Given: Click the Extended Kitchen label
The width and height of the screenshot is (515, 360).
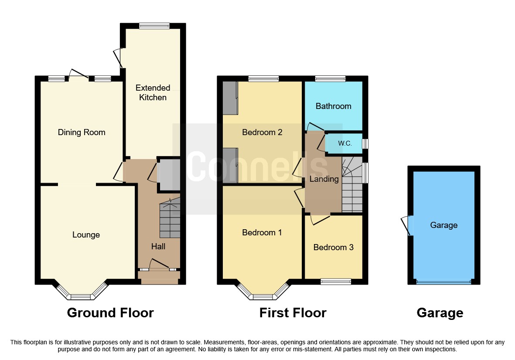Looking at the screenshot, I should point(153,92).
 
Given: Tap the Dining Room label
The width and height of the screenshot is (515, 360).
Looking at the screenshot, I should point(82,132).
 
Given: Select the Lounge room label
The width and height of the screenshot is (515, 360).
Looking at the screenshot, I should point(86,235).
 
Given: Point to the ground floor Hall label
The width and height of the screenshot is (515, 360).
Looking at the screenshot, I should point(158,247).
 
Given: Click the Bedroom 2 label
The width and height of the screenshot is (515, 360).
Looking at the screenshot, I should point(263,132).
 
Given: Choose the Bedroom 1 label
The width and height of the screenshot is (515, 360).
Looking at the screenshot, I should point(262,232).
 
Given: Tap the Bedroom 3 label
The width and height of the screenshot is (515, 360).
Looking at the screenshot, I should point(333,247).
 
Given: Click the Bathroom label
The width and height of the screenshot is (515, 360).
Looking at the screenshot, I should point(333,106).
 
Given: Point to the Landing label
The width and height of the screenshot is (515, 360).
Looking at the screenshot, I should point(324,179).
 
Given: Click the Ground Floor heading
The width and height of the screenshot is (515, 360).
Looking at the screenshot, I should point(110,312).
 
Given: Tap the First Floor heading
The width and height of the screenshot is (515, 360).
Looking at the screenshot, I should point(293,312).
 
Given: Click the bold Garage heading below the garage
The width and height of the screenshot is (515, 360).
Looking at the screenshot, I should point(440,312).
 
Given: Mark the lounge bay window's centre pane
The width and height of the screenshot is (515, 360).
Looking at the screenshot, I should point(81,297).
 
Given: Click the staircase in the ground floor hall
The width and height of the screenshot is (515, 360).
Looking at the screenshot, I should point(170,220).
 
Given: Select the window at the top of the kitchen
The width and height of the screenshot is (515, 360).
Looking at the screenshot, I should point(154,26).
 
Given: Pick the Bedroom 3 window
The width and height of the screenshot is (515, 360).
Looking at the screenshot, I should point(336,282).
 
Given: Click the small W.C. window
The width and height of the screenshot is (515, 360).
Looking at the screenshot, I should point(365,143).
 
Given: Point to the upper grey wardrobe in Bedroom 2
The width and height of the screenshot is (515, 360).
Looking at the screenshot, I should point(229,98).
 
